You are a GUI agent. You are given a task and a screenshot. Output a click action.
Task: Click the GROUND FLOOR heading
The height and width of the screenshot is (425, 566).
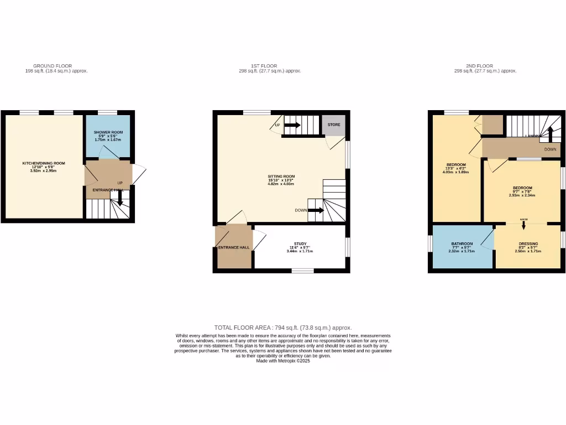(x=53, y=66)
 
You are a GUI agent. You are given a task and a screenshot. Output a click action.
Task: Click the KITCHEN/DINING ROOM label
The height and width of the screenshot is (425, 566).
(x=44, y=163)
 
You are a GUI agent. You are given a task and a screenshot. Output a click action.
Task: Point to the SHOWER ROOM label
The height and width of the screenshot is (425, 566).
(x=108, y=132)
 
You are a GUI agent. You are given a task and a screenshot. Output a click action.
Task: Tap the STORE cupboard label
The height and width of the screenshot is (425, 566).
(x=334, y=125)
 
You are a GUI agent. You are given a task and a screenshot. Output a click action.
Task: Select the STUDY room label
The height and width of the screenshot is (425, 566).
(x=300, y=243)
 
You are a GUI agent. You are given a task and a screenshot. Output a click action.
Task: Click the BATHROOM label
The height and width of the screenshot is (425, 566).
(x=462, y=243)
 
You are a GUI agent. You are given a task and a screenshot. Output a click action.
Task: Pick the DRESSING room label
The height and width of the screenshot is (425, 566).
(x=528, y=243)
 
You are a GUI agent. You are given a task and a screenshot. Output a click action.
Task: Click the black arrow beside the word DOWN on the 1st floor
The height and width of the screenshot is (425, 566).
(x=316, y=210)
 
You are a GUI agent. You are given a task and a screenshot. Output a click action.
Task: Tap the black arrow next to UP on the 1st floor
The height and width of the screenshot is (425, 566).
(x=292, y=125)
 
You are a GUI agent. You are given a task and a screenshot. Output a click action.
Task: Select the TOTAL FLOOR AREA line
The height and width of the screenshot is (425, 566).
(x=283, y=328)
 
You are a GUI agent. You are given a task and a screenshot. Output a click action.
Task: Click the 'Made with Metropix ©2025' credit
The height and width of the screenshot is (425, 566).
(x=283, y=361)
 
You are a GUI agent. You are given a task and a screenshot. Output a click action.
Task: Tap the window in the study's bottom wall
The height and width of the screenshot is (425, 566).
(x=302, y=271)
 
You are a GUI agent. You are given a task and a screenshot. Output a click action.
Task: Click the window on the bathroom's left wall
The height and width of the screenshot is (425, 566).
(x=430, y=243)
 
